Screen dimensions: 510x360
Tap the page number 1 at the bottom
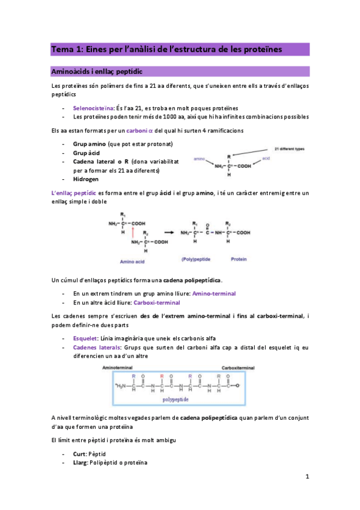tap(306, 478)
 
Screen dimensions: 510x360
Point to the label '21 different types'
tap(290, 147)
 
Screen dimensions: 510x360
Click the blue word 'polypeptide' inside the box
tap(176, 398)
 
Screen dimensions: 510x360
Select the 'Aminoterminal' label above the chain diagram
tap(120, 366)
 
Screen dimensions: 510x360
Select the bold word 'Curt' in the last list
tap(79, 453)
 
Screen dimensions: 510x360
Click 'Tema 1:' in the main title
tap(66, 48)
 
